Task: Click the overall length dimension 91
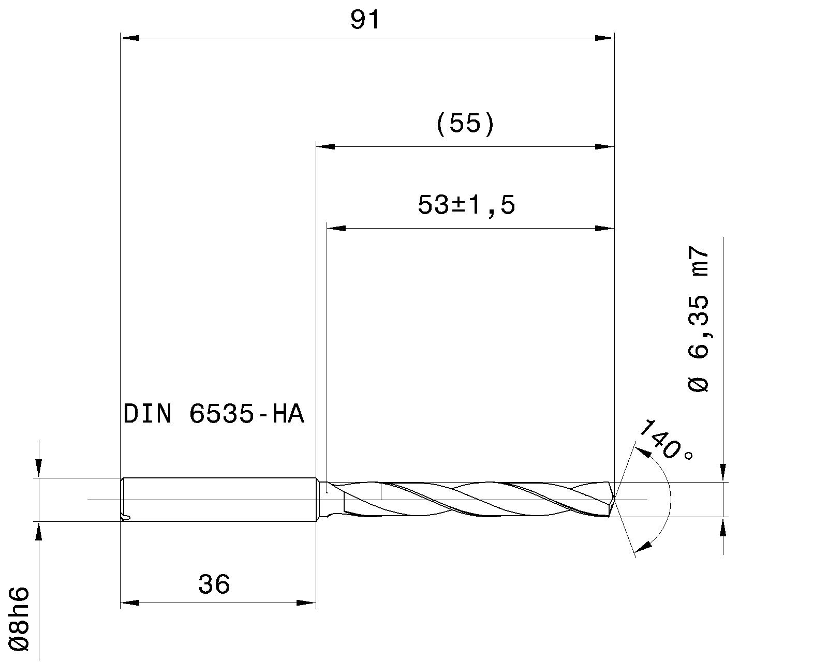click(x=365, y=21)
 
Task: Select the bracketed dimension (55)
click(x=465, y=125)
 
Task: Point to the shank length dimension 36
click(x=214, y=584)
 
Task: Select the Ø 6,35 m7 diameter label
click(x=698, y=319)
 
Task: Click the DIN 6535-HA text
click(x=213, y=414)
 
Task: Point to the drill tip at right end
click(x=613, y=500)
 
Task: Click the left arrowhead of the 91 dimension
click(x=129, y=38)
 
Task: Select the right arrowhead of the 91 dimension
click(x=604, y=38)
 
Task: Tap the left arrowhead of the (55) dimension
click(x=326, y=146)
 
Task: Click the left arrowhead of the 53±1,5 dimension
click(x=336, y=228)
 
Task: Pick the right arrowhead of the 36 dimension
click(x=306, y=603)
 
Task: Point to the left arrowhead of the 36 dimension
click(x=129, y=603)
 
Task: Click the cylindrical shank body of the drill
click(x=217, y=500)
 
